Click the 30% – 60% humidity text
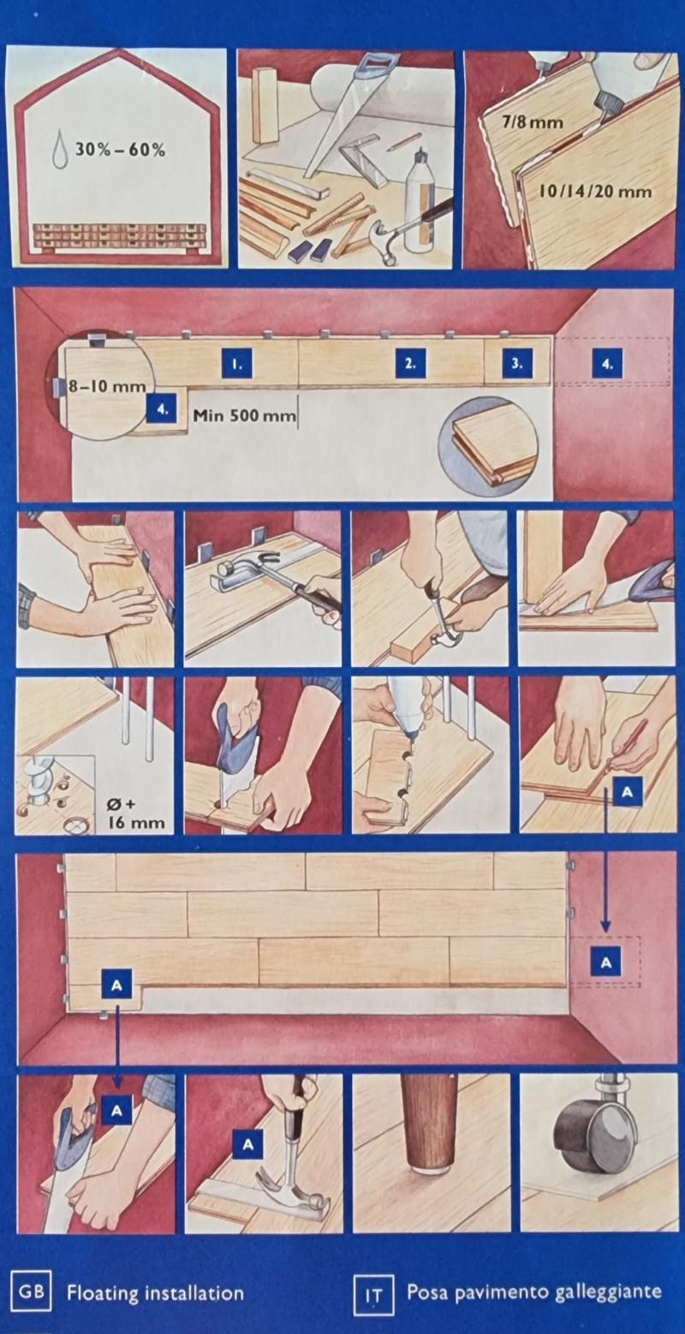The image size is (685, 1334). [x=120, y=150]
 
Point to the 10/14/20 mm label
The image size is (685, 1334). [x=595, y=191]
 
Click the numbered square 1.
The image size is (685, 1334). [x=236, y=363]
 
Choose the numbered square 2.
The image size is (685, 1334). [x=410, y=363]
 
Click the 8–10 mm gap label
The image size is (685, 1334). [x=107, y=386]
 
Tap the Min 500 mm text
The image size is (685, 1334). [x=244, y=415]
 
